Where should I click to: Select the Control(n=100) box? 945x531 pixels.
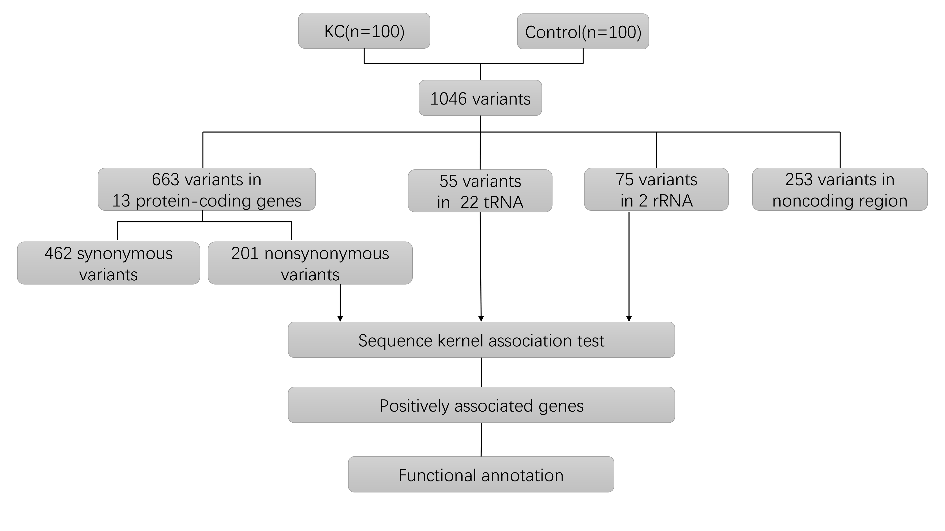point(583,32)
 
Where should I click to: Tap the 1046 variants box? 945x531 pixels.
point(480,98)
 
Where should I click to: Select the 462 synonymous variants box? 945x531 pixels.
point(109,263)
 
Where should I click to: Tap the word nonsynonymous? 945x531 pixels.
point(326,254)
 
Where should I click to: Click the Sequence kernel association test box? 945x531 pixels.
point(481,340)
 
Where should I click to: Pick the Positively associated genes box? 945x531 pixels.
point(481,405)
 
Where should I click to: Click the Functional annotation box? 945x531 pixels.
point(481,475)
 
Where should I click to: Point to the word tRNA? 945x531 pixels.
point(503,202)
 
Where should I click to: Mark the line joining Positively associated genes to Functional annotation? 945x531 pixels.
point(481,439)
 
